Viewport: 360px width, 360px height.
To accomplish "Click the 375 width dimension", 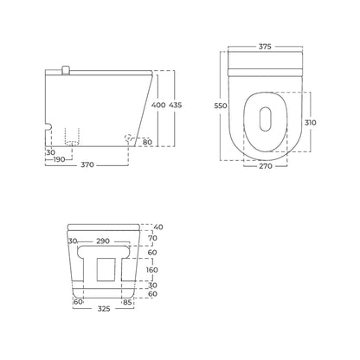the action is click(x=265, y=47).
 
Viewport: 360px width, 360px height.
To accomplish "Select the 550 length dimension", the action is click(x=221, y=106).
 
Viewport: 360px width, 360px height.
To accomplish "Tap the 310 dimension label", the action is click(x=311, y=122).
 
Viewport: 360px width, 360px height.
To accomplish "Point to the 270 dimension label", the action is click(x=266, y=166).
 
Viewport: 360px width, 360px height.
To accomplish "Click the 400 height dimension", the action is click(x=158, y=105).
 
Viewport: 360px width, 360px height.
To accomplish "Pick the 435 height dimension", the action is click(x=175, y=105).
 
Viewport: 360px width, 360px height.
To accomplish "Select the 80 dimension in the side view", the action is click(x=147, y=142).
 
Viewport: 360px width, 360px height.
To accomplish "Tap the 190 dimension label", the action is click(x=59, y=159).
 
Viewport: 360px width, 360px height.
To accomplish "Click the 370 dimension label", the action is click(x=87, y=164).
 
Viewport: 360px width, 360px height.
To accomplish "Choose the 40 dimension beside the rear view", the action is click(x=158, y=227).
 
